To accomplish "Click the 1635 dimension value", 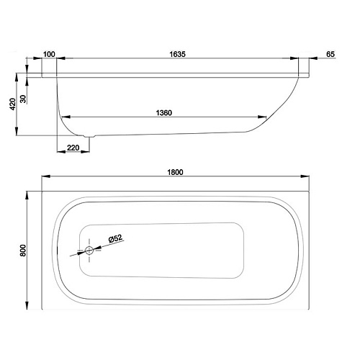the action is coord(177,54).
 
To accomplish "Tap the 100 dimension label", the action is coord(49,54).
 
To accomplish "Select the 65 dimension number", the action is coord(330,54).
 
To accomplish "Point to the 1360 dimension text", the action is coord(164,113).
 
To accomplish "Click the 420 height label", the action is coord(12,104).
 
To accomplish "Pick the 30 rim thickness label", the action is coord(23,99).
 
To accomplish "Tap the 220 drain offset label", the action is coord(73,148).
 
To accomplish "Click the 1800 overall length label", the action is coord(175,172).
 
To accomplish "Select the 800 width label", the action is coord(23,251).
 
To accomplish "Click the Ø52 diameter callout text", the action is coord(115,238).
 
